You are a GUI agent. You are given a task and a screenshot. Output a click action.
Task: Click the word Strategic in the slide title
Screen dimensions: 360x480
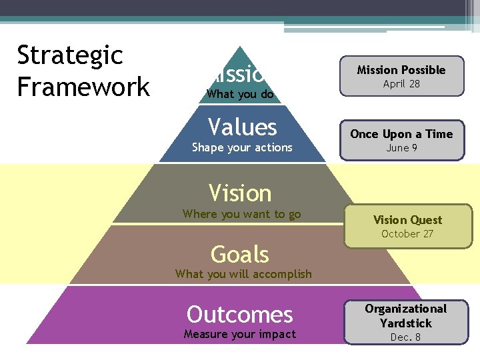(x=70, y=55)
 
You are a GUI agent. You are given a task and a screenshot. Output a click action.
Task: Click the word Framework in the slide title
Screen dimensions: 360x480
(x=83, y=87)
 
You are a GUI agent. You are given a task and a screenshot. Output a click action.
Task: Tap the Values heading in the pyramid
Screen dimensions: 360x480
(x=242, y=126)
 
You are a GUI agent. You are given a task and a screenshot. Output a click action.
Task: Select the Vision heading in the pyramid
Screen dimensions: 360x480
(x=240, y=193)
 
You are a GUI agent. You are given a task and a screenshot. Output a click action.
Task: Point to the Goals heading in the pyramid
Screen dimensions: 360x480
(x=240, y=254)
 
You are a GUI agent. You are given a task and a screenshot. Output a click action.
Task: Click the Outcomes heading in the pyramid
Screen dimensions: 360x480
(x=240, y=314)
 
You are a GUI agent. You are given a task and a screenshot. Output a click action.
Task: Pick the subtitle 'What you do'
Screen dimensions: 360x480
(x=240, y=94)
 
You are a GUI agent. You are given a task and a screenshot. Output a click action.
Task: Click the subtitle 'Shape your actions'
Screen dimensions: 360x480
(x=242, y=147)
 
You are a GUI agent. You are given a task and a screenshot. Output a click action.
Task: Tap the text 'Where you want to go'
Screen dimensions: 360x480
(x=241, y=214)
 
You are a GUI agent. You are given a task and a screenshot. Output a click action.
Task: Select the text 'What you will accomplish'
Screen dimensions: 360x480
(x=243, y=273)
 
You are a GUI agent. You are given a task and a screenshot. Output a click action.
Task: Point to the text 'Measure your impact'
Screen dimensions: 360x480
(x=239, y=334)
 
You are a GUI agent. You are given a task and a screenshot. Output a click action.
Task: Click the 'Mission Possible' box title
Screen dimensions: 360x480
(x=401, y=70)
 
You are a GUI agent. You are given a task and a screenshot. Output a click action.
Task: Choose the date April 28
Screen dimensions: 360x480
(x=401, y=84)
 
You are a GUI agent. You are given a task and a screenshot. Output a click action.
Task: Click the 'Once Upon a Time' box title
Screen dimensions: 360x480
(x=401, y=134)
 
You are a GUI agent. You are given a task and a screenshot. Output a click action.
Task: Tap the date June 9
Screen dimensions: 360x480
(x=401, y=148)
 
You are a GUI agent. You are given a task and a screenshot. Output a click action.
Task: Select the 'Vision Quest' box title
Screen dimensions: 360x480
(x=407, y=220)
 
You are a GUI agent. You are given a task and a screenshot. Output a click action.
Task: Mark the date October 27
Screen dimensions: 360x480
(x=407, y=234)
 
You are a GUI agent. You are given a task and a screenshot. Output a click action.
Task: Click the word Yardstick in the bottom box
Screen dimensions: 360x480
(x=406, y=323)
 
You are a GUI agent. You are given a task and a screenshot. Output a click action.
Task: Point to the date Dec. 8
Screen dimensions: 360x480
(x=405, y=337)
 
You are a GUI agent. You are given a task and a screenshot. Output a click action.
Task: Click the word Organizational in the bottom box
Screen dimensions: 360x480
(x=405, y=309)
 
